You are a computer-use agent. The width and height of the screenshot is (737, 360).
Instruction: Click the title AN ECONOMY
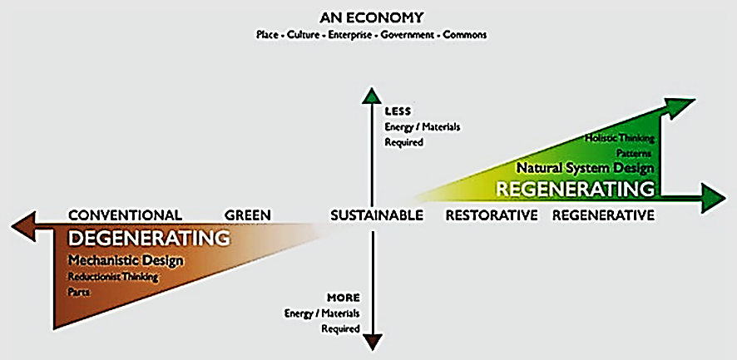[x=371, y=17]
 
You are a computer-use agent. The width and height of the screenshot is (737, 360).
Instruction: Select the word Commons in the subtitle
[x=466, y=35]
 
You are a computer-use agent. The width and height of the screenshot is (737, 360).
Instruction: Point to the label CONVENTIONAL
[x=125, y=215]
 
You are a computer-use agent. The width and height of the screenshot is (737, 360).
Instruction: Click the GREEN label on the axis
[x=248, y=215]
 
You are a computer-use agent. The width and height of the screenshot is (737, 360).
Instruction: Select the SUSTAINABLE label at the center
[x=377, y=215]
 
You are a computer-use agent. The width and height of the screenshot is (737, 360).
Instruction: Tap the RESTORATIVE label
[x=492, y=215]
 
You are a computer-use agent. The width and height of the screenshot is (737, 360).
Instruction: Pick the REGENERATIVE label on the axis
[x=603, y=215]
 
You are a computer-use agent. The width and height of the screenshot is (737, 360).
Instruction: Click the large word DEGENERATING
[x=149, y=239]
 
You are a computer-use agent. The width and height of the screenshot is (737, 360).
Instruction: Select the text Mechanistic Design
[x=126, y=261]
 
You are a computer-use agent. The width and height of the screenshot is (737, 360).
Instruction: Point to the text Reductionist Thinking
[x=113, y=277]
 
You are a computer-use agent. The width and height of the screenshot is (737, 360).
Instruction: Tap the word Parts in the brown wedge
[x=80, y=292]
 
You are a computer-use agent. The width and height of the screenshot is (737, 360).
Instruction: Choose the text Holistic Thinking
[x=621, y=138]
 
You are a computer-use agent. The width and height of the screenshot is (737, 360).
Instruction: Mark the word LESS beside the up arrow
[x=398, y=111]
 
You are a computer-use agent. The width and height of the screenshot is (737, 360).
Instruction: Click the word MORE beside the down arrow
[x=344, y=297]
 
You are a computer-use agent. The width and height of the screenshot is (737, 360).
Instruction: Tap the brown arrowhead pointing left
[x=20, y=225]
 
